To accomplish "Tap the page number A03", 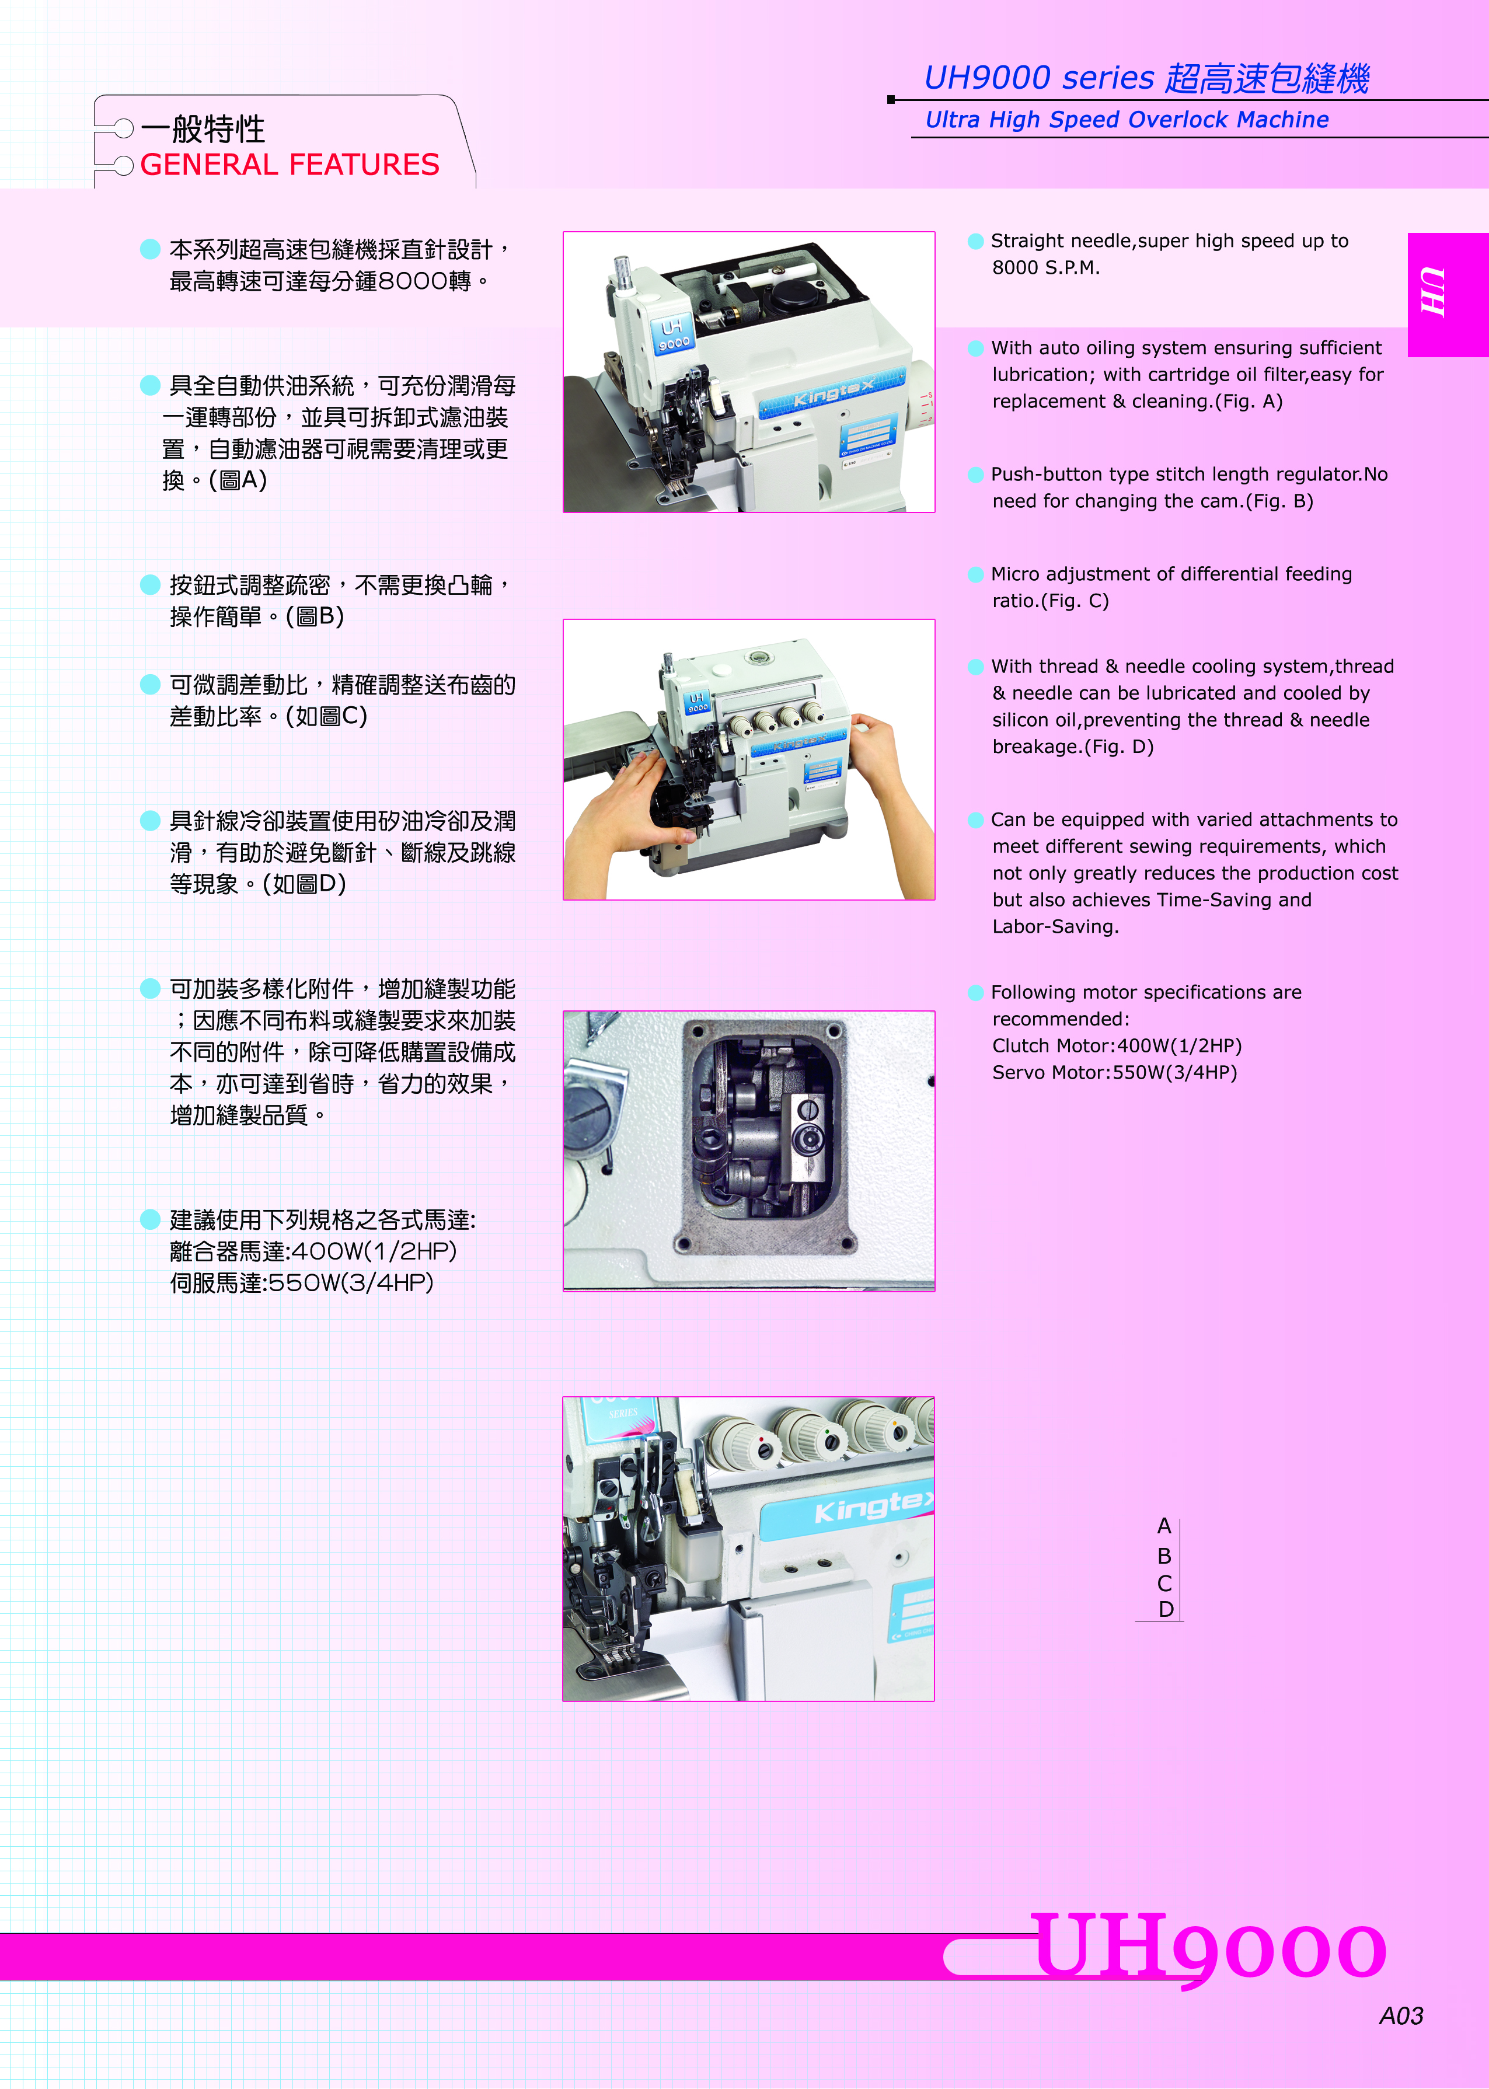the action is click(1401, 2015).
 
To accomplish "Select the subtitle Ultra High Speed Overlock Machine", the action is click(1127, 120).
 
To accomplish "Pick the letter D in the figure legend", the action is click(1166, 1610).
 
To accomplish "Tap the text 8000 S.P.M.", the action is click(1045, 268).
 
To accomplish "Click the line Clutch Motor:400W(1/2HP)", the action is click(1117, 1046).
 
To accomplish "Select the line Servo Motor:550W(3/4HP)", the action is click(1114, 1072).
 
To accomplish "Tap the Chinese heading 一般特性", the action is click(203, 129).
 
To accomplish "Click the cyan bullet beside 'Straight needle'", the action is click(975, 241).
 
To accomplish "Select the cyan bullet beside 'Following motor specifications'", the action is click(975, 993).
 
